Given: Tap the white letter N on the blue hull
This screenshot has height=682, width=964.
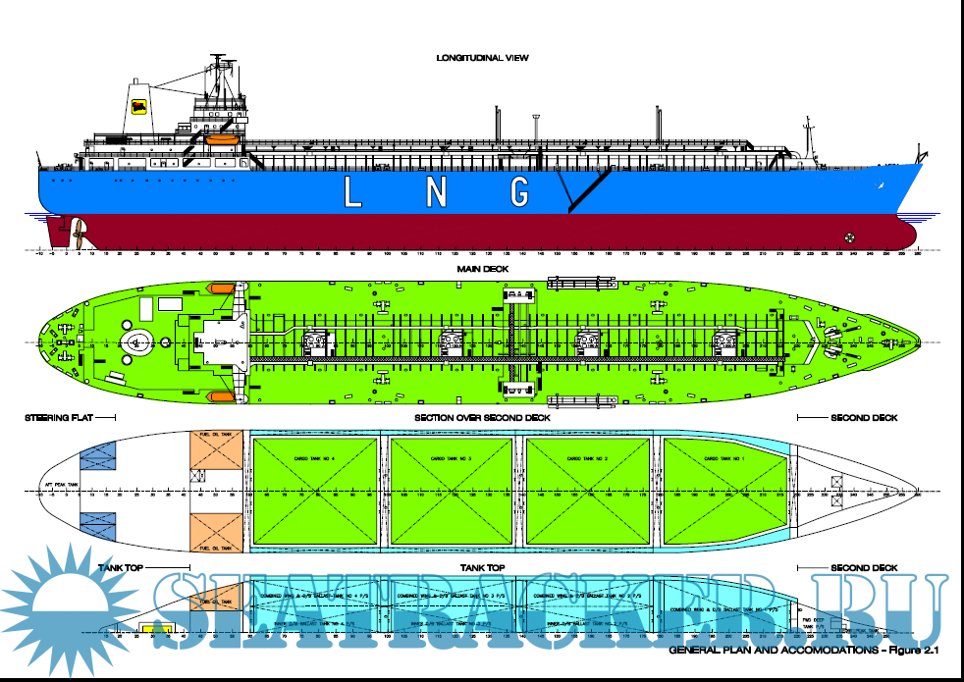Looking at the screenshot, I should click(x=436, y=192).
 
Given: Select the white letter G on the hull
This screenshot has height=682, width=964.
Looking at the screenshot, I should click(x=519, y=192).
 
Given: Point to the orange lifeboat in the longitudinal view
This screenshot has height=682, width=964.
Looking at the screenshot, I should click(x=223, y=140).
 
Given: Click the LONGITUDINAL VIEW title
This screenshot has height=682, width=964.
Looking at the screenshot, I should click(x=482, y=58).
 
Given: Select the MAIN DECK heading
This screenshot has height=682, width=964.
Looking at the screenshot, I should click(x=482, y=269).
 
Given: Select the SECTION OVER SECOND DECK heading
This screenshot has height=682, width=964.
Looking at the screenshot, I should click(x=482, y=418).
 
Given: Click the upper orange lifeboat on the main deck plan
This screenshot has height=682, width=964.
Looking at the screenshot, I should click(x=222, y=289).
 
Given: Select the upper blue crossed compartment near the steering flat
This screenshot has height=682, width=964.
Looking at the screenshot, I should click(x=97, y=454).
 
